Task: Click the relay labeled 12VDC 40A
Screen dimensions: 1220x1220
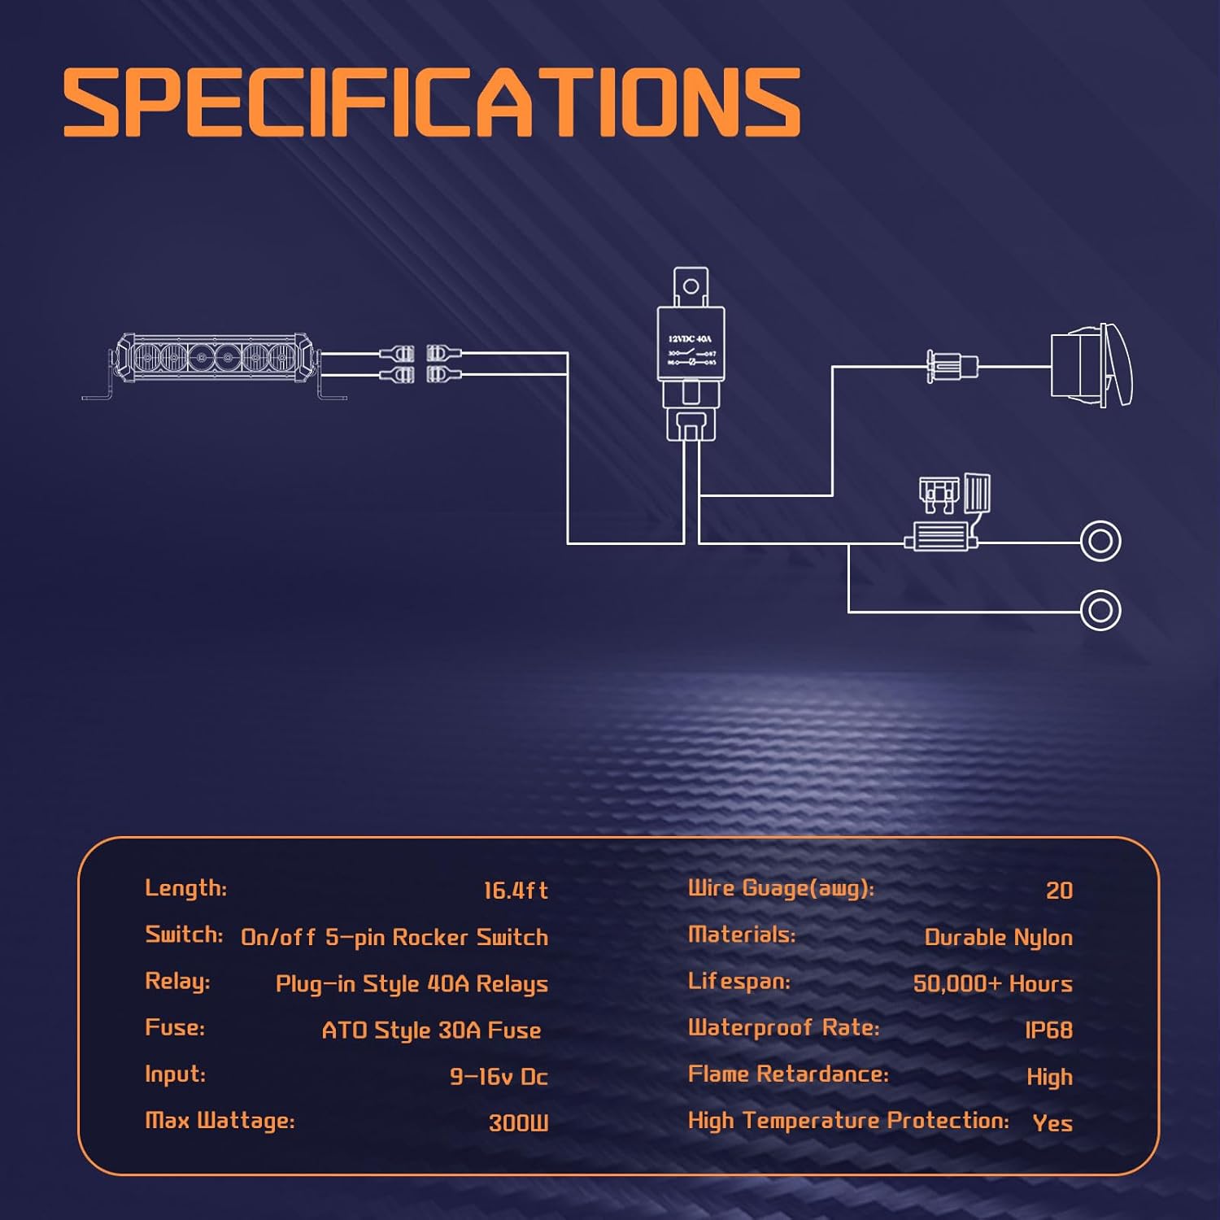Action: pos(691,344)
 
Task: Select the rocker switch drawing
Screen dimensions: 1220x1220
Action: pos(1090,365)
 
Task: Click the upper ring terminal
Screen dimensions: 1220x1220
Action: pos(1100,542)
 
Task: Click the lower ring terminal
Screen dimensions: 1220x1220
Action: pos(1100,610)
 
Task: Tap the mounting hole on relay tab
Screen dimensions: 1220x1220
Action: pos(691,286)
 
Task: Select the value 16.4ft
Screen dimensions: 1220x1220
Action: pos(516,891)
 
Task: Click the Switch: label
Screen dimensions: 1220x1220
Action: pos(184,935)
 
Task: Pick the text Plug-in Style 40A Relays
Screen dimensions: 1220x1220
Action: pos(412,984)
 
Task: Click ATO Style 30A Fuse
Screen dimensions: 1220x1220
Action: pos(431,1030)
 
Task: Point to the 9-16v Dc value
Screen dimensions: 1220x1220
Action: pos(499,1077)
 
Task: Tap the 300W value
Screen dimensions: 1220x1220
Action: pos(518,1123)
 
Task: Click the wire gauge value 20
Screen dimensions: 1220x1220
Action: pos(1059,891)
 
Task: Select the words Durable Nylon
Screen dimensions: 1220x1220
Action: pos(998,938)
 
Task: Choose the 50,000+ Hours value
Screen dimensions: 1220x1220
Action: pos(992,984)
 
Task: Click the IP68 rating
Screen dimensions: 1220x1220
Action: pos(1048,1030)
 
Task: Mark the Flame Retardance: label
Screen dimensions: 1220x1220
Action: pos(788,1074)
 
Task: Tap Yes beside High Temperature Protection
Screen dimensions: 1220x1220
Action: pos(1052,1123)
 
